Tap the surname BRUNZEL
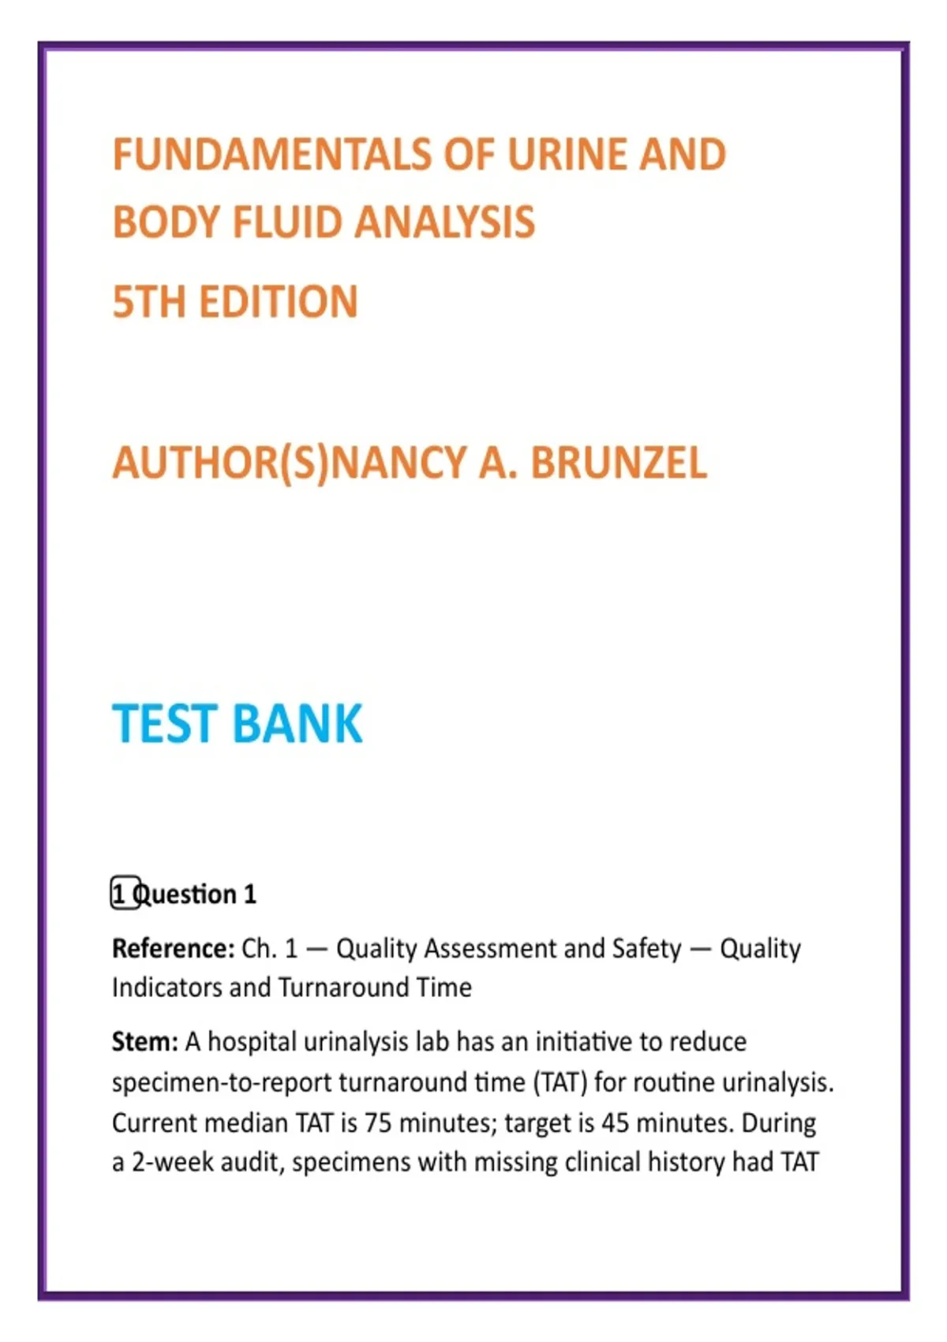click(619, 463)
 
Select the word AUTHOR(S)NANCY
click(289, 463)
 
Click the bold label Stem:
click(144, 1042)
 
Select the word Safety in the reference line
click(646, 948)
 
